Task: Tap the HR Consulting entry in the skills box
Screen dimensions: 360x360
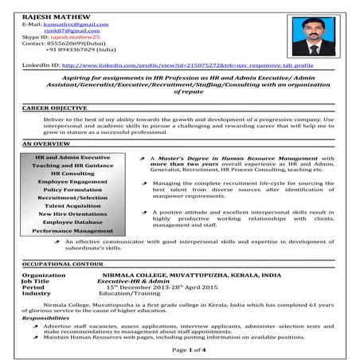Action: (x=72, y=173)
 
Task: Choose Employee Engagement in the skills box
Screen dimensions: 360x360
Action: (x=72, y=182)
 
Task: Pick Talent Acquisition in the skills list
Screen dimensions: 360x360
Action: (x=72, y=205)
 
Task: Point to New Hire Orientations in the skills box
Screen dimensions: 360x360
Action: (x=72, y=214)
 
